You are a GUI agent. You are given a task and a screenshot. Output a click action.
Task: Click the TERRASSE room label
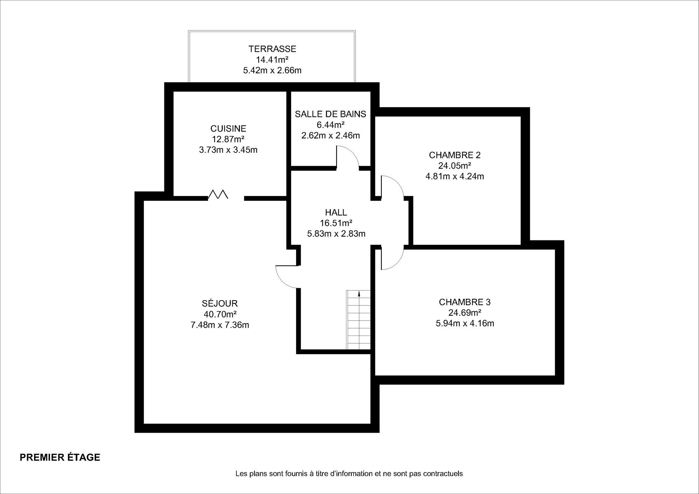pos(272,49)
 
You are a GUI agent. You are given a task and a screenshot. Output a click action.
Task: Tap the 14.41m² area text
pos(272,59)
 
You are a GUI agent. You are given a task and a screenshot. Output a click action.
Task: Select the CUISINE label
pos(228,128)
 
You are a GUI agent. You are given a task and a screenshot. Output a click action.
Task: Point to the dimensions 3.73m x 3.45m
pos(228,150)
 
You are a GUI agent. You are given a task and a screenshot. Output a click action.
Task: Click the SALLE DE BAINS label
pos(330,114)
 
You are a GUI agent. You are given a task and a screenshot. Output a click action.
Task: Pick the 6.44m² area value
pos(330,125)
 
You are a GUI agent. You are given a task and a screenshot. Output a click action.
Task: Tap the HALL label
pos(336,212)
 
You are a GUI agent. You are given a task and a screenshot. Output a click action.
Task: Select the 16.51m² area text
pos(336,223)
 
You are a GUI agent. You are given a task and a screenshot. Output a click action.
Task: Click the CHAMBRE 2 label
pos(455,155)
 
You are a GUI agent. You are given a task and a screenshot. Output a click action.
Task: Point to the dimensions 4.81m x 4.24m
pos(455,177)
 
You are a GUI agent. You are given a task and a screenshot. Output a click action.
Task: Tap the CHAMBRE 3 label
pos(465,302)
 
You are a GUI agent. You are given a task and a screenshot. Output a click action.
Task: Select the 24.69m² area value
pos(465,312)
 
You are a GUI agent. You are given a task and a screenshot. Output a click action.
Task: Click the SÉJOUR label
pos(220,303)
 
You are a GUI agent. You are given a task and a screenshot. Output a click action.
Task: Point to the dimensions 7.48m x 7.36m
pos(220,325)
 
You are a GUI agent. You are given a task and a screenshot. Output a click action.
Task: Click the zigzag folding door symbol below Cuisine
pos(218,194)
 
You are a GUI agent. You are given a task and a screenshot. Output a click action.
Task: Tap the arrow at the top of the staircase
pos(359,293)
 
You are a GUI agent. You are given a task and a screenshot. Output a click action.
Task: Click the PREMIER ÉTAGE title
pos(60,457)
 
